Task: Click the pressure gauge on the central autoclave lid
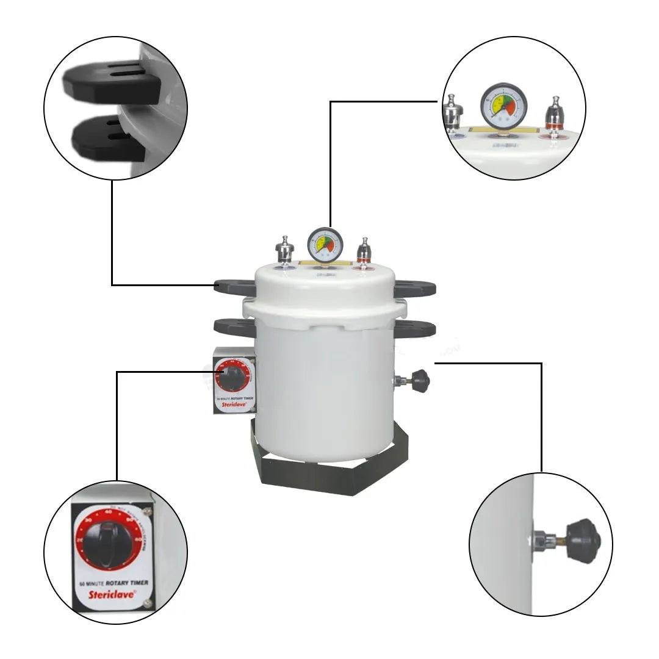(x=325, y=244)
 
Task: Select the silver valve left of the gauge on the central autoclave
(x=284, y=250)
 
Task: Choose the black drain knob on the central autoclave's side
(x=420, y=381)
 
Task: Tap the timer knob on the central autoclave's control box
(x=232, y=378)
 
